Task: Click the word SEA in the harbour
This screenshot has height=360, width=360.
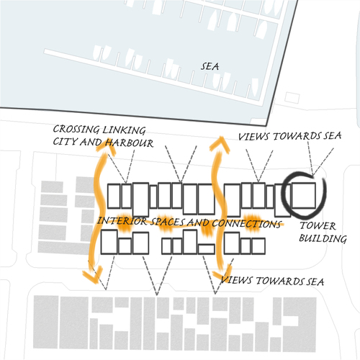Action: (x=210, y=66)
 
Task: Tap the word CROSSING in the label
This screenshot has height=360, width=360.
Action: (x=76, y=130)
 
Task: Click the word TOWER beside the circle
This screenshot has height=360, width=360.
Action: (x=318, y=226)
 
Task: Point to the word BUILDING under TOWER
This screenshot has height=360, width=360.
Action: (x=323, y=238)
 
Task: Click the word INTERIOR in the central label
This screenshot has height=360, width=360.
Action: (x=122, y=221)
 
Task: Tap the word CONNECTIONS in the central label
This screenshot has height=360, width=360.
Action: (x=246, y=224)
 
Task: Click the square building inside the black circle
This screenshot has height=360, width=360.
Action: (x=303, y=195)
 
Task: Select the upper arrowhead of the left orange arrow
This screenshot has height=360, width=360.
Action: (x=105, y=145)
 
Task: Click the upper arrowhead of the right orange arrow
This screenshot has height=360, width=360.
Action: (x=220, y=144)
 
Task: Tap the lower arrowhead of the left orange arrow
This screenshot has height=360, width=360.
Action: (x=92, y=274)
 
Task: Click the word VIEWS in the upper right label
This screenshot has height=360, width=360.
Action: (x=253, y=137)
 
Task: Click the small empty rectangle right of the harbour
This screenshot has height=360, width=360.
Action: (x=292, y=98)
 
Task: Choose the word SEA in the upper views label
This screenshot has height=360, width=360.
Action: (x=332, y=135)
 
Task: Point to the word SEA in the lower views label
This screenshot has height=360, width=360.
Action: (x=315, y=282)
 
